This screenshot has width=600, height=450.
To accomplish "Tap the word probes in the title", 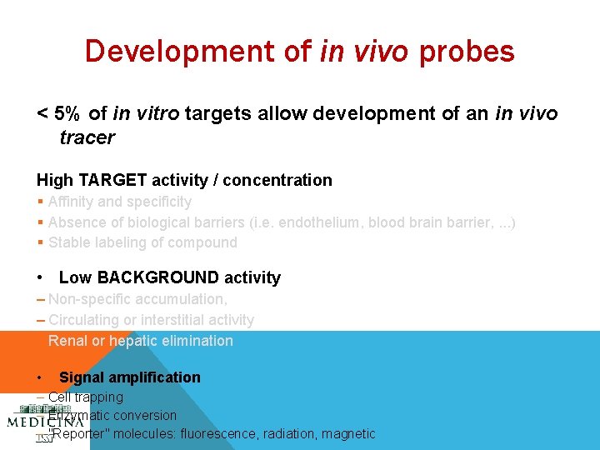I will point(467,52).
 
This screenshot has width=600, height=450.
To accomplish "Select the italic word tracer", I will point(87,137).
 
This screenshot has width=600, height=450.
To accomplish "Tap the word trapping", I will point(100,397).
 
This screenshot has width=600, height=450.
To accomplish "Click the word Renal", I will point(67,341).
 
